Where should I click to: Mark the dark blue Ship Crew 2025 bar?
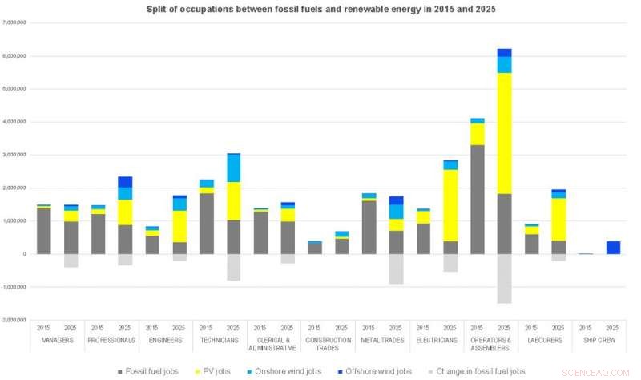612,247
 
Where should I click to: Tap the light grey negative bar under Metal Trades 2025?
396,269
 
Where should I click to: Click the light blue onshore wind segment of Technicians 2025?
233,168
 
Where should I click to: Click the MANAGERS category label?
57,340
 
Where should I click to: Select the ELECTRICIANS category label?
436,340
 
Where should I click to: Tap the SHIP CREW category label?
599,340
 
